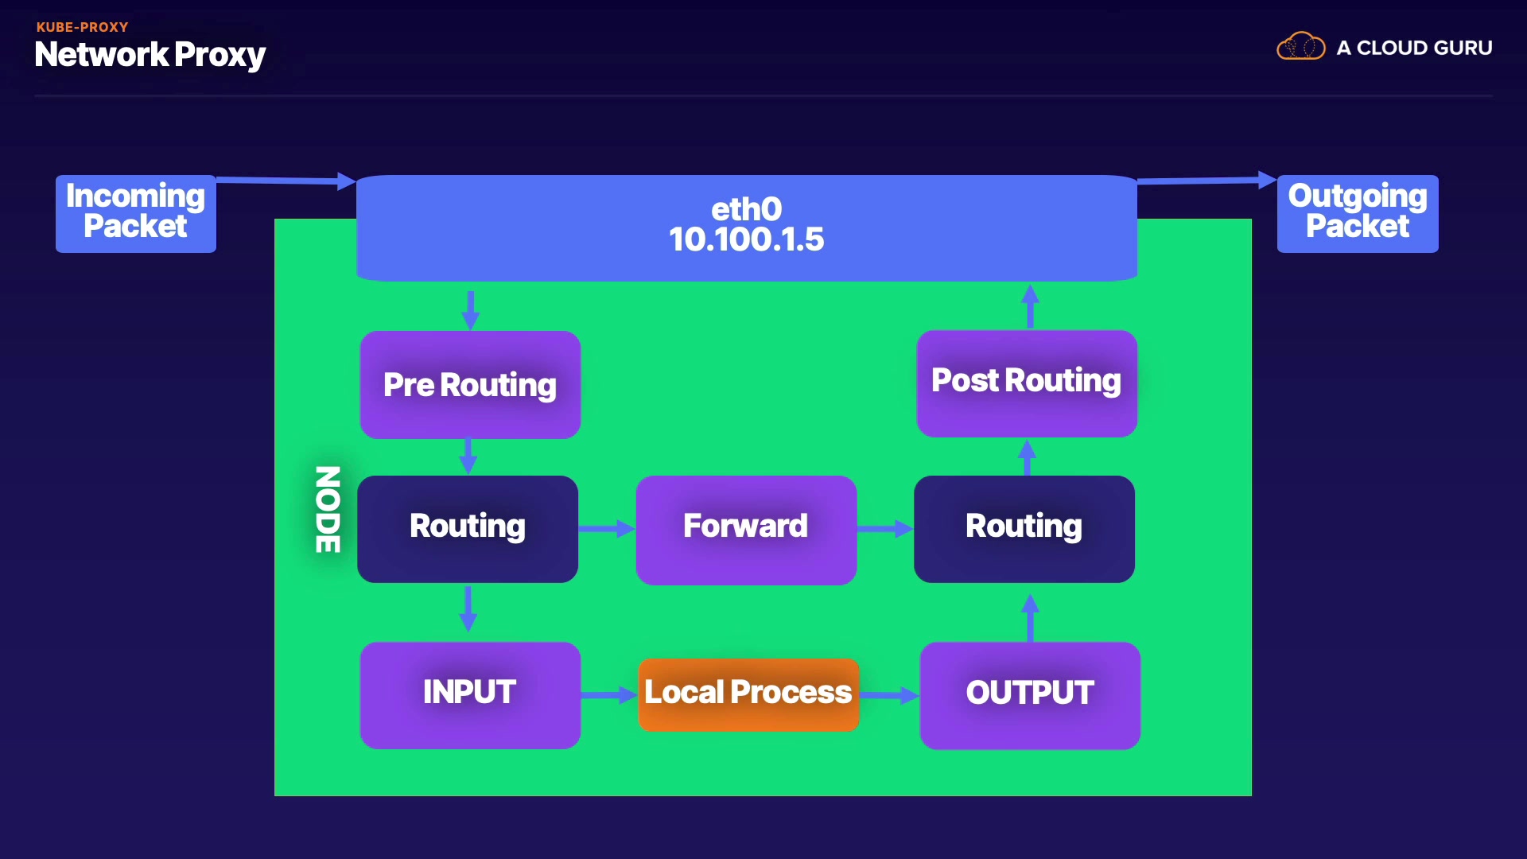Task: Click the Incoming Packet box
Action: pyautogui.click(x=136, y=213)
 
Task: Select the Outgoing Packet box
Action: pyautogui.click(x=1358, y=213)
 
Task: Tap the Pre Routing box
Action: pyautogui.click(x=470, y=385)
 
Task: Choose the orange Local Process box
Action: pyautogui.click(x=748, y=694)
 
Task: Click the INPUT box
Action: pyautogui.click(x=470, y=694)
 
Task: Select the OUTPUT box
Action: pyautogui.click(x=1030, y=694)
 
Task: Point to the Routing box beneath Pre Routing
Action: pyautogui.click(x=468, y=529)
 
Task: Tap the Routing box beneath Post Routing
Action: pyautogui.click(x=1024, y=529)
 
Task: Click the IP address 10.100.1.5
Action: pyautogui.click(x=746, y=239)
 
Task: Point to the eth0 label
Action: pyautogui.click(x=746, y=209)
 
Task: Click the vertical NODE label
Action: pyautogui.click(x=328, y=509)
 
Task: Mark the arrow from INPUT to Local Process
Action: pyautogui.click(x=609, y=695)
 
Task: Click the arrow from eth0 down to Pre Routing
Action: pyautogui.click(x=471, y=309)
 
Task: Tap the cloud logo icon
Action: pyautogui.click(x=1300, y=47)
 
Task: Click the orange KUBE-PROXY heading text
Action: pyautogui.click(x=82, y=27)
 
